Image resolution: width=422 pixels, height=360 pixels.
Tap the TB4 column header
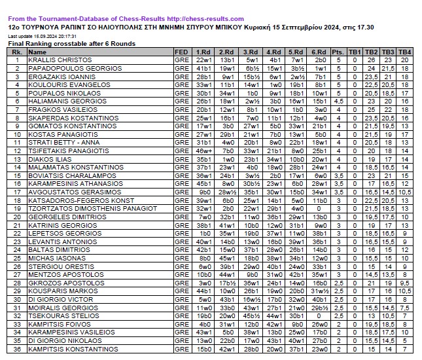tap(405, 52)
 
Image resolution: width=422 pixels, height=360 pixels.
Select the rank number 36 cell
tap(18, 350)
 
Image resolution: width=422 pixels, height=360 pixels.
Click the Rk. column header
tap(18, 52)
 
